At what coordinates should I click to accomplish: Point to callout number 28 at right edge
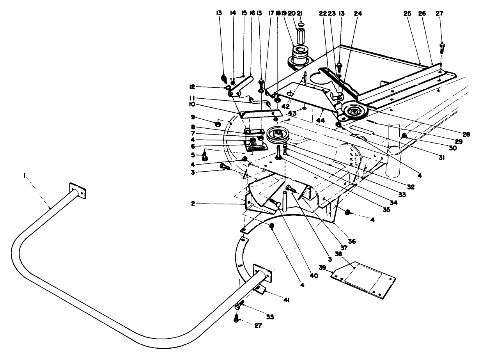[x=466, y=133]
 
